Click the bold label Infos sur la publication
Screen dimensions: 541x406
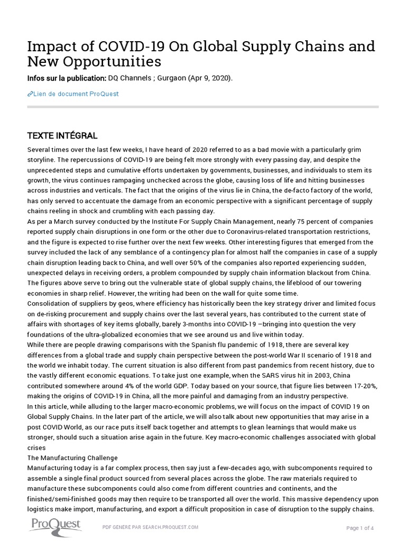(67, 78)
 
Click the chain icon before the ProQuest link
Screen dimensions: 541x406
(30, 94)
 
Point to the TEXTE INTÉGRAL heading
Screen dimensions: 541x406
(62, 136)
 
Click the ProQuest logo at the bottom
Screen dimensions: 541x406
(54, 526)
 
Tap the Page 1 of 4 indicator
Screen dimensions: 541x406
(360, 528)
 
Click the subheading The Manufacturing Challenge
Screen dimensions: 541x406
(72, 458)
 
